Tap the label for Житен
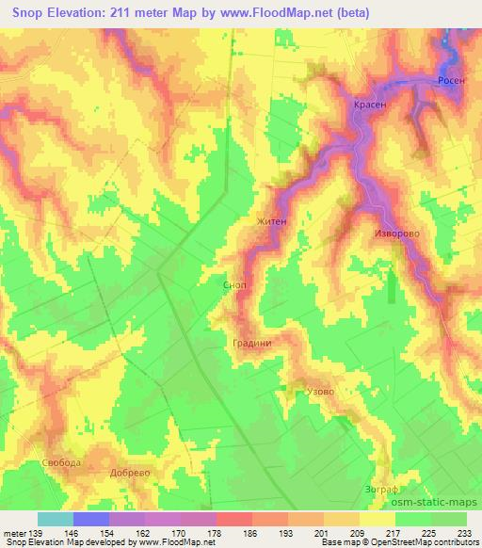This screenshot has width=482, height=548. [x=271, y=222]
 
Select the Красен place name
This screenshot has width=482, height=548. [x=370, y=105]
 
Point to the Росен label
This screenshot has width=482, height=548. [x=450, y=82]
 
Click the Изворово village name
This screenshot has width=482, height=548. [x=396, y=233]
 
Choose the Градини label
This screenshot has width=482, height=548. [x=252, y=343]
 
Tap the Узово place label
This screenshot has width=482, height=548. [x=320, y=390]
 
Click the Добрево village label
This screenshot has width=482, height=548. [x=130, y=473]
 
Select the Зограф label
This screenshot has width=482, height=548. [x=381, y=490]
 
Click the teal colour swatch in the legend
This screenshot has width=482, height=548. [x=56, y=519]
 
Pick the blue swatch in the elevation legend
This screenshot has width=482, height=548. [x=91, y=519]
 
